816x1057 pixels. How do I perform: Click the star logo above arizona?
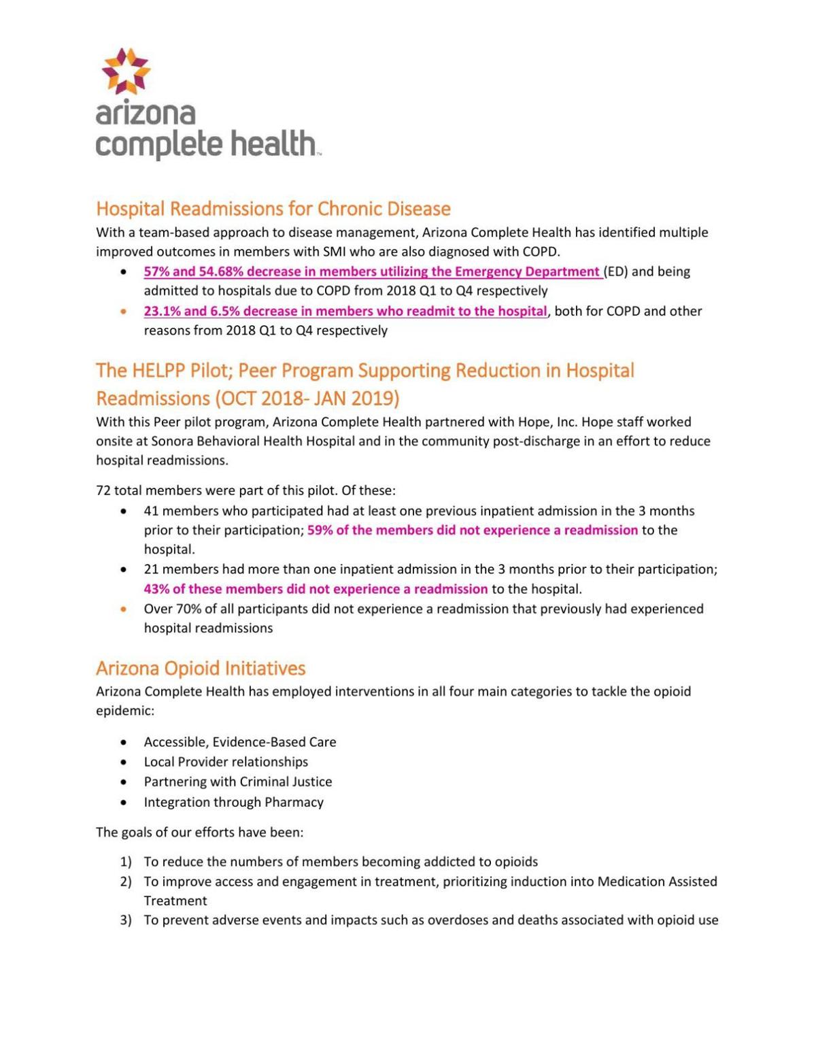[x=126, y=71]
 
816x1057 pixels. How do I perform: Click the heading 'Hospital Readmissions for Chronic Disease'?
[x=273, y=208]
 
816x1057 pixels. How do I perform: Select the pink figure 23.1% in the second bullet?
[x=160, y=312]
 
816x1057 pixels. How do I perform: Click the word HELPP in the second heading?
[x=158, y=371]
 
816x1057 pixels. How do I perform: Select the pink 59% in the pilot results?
[x=320, y=531]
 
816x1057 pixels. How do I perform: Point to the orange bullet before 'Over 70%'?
[x=123, y=609]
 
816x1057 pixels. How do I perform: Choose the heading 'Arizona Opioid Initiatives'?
[x=201, y=669]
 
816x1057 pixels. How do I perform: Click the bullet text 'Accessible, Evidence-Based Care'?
[x=239, y=742]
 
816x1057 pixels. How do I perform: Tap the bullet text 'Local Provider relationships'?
[x=226, y=762]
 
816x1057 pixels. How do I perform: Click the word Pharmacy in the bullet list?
[x=294, y=803]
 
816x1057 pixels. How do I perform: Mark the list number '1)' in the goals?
[x=126, y=862]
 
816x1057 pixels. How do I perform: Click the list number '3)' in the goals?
[x=126, y=921]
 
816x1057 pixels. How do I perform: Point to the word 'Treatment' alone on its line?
[x=175, y=901]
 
